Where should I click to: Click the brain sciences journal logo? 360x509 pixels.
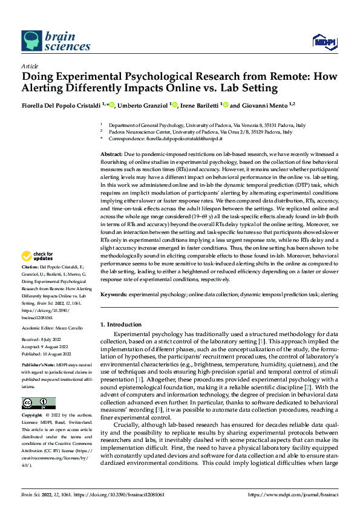click(x=56, y=41)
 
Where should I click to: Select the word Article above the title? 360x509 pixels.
click(x=30, y=66)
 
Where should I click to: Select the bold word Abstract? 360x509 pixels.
click(x=112, y=155)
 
